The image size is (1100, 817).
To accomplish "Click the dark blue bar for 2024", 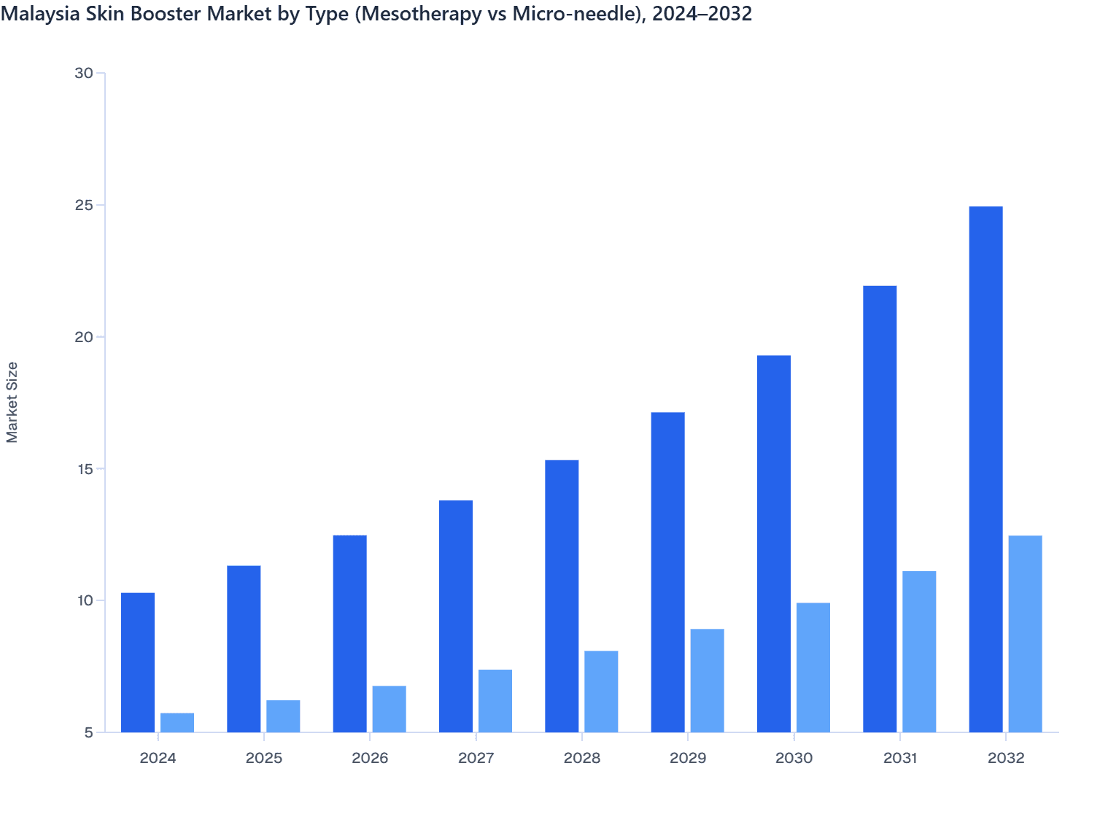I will [x=138, y=662].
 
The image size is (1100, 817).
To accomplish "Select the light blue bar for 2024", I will [x=177, y=722].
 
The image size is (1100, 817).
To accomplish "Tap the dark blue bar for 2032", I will [x=985, y=469].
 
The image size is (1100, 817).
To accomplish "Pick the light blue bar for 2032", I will [x=1025, y=633].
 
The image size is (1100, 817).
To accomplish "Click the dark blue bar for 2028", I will [x=562, y=596].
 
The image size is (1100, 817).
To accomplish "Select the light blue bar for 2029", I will [x=708, y=680].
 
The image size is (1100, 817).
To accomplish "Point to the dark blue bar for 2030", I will [x=774, y=543].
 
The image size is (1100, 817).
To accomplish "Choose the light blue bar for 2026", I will [x=390, y=708].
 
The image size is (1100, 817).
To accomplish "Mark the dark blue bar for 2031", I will [x=880, y=508].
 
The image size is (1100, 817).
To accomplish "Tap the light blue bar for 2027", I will [x=495, y=700].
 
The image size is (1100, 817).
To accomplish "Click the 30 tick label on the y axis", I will [x=84, y=73].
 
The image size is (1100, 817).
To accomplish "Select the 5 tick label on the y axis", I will [x=89, y=732].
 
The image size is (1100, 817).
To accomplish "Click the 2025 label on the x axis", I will [x=264, y=758].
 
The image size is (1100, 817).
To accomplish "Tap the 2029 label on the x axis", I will [x=688, y=758].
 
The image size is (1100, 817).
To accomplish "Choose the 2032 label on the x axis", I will [x=1006, y=758].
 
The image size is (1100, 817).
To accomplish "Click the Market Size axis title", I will [x=12, y=402].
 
